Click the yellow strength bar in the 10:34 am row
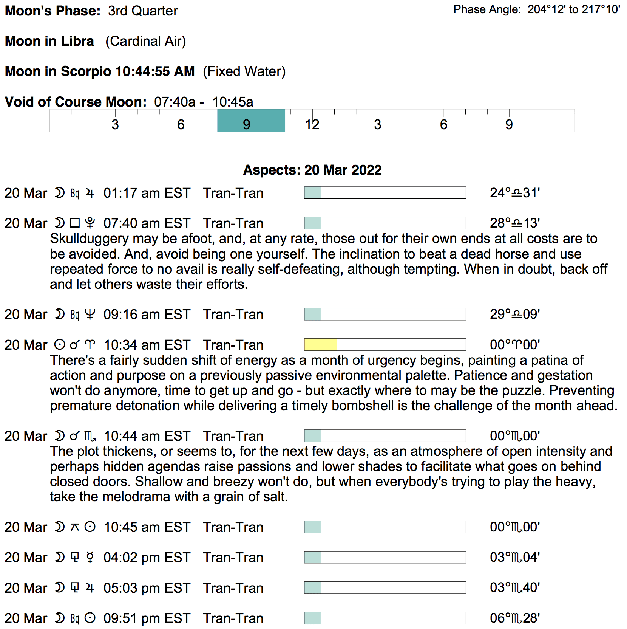[x=320, y=345]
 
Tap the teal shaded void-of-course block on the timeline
[x=251, y=121]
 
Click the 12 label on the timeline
[x=312, y=125]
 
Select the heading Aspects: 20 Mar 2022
[x=312, y=170]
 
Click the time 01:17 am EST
[x=147, y=193]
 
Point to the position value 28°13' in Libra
[x=515, y=223]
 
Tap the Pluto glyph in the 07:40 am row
[x=90, y=223]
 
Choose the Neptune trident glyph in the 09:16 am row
[x=90, y=314]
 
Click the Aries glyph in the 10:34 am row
[x=90, y=345]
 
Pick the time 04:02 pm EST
[x=147, y=558]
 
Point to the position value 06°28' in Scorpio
[x=515, y=618]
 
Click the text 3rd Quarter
[x=143, y=11]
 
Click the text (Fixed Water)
[x=244, y=71]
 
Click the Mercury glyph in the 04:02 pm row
[x=90, y=558]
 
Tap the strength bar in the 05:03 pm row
[x=385, y=588]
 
